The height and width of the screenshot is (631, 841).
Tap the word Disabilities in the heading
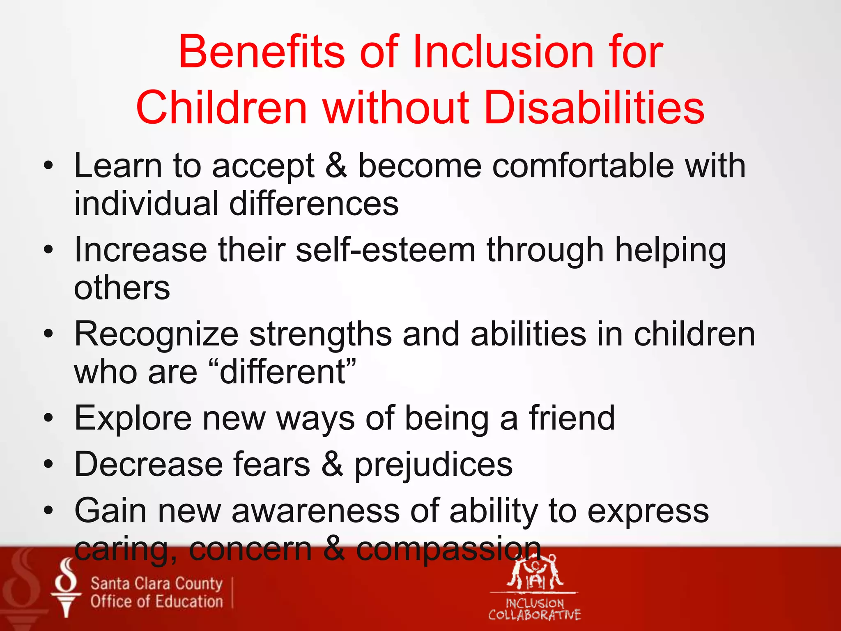(594, 108)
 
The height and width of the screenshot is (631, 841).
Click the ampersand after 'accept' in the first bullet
(336, 166)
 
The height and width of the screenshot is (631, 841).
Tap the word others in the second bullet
(122, 288)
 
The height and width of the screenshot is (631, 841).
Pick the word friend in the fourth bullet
(572, 418)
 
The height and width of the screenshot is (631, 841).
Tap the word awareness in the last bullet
(315, 511)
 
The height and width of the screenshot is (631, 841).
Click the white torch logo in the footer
(66, 587)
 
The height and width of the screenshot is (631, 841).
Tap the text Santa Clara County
(156, 583)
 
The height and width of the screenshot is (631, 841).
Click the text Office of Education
(156, 602)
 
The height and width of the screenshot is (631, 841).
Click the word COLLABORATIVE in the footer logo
(534, 615)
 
